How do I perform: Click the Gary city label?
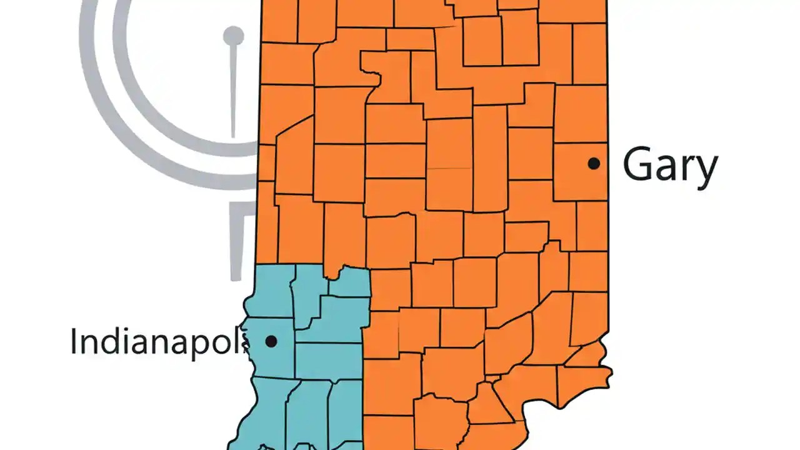coord(670,165)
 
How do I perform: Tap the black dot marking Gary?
coord(594,163)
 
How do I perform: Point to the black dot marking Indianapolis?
coord(271,341)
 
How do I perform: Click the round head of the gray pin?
coord(234,36)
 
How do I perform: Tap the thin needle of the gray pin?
coord(233,94)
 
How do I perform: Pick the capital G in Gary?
coord(639,164)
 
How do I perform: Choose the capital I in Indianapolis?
coord(74,341)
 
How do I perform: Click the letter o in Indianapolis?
coord(225,343)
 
